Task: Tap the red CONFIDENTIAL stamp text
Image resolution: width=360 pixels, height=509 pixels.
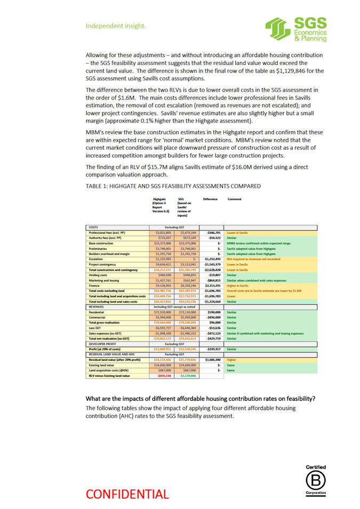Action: coord(127,495)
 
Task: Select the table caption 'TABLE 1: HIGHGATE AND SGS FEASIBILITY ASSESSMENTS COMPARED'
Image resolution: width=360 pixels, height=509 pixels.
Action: coord(173,186)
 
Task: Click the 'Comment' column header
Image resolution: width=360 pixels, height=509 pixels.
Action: coord(234,199)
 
